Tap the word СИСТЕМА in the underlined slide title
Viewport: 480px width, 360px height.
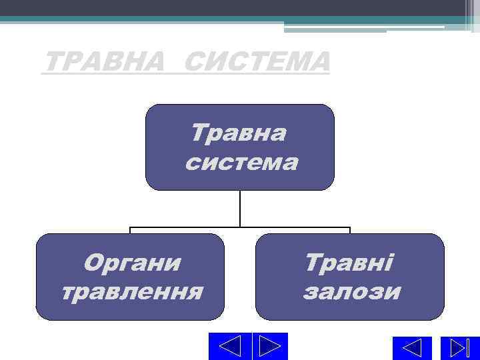(x=256, y=63)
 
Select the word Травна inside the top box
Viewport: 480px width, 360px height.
(x=239, y=133)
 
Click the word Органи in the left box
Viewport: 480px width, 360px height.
(x=132, y=263)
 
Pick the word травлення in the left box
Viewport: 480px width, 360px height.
(x=132, y=291)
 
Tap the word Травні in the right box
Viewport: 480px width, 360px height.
(x=349, y=263)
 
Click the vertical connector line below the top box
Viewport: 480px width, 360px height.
(x=240, y=208)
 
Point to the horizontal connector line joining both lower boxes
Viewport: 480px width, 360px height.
(x=187, y=228)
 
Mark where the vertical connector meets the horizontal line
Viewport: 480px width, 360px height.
(x=240, y=228)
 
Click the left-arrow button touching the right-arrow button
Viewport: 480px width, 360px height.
(x=230, y=346)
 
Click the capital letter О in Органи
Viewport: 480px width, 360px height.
(x=93, y=263)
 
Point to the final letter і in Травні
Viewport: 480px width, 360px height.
(x=390, y=263)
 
